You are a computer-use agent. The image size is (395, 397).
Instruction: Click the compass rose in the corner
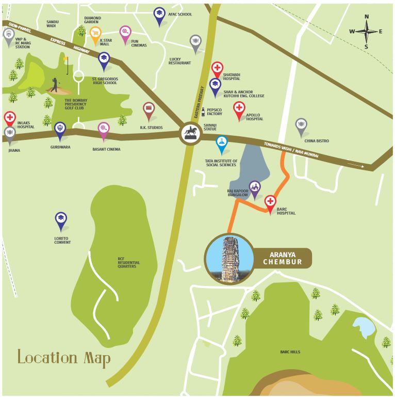(367, 31)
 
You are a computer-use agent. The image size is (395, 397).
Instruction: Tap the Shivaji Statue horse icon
(189, 133)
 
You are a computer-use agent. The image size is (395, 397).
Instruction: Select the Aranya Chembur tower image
(229, 258)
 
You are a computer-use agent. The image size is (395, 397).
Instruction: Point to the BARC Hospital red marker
(270, 202)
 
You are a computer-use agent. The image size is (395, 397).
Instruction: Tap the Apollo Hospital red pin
(239, 108)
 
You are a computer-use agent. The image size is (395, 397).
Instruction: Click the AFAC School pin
(160, 15)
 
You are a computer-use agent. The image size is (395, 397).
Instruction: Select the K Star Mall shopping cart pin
(95, 34)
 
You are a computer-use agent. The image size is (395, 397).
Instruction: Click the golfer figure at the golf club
(55, 84)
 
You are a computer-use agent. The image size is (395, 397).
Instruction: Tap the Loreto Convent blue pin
(61, 219)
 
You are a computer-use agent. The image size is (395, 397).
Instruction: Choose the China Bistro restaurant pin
(301, 125)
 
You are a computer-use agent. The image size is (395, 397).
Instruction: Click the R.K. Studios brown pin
(149, 109)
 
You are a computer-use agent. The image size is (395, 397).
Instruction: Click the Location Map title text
(63, 358)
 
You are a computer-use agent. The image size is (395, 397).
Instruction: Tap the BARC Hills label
(290, 352)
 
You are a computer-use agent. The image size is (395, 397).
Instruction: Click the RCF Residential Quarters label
(128, 263)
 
